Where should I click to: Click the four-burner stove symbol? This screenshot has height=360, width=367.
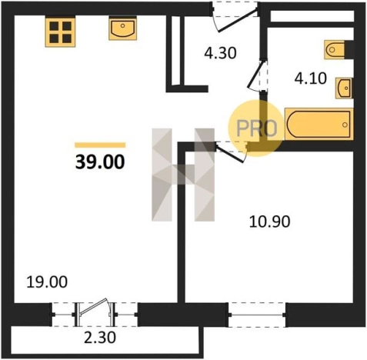point(60,32)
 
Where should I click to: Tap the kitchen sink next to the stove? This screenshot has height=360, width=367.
point(122,28)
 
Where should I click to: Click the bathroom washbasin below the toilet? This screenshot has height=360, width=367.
point(344,88)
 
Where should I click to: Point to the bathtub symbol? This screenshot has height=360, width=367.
point(319,125)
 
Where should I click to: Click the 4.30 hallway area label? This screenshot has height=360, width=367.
point(220,54)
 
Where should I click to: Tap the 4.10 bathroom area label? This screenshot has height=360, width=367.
point(310,78)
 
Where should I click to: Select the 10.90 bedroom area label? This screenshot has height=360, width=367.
point(269,222)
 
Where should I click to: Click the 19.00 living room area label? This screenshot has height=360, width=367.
point(47,282)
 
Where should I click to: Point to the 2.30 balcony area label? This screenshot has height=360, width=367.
point(100,338)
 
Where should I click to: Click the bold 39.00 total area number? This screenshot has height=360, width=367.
point(100,162)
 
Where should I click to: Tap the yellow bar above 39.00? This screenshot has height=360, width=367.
point(100,145)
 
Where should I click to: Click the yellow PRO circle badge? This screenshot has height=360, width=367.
point(256,128)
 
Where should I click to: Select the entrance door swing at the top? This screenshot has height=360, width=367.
point(235,18)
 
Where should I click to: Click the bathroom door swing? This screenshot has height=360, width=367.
point(255,75)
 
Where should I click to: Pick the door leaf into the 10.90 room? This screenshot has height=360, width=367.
point(230,153)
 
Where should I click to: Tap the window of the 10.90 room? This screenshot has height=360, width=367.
point(257,315)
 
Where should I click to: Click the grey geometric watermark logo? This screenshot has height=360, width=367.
point(183,175)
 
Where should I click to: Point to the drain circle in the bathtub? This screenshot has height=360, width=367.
point(345,125)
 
